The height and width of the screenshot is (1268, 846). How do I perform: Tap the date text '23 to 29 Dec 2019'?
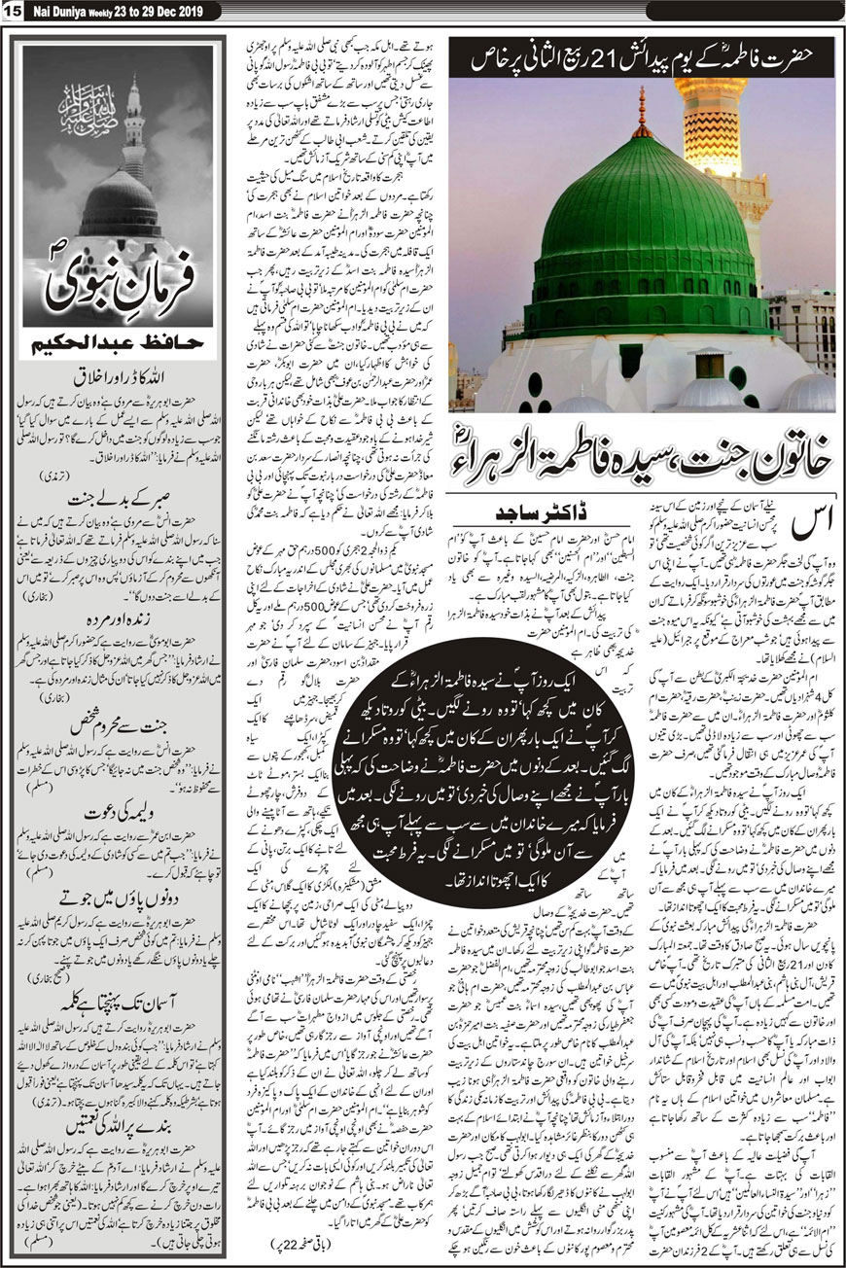[x=149, y=10]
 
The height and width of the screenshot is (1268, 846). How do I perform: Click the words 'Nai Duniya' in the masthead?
[x=53, y=10]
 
